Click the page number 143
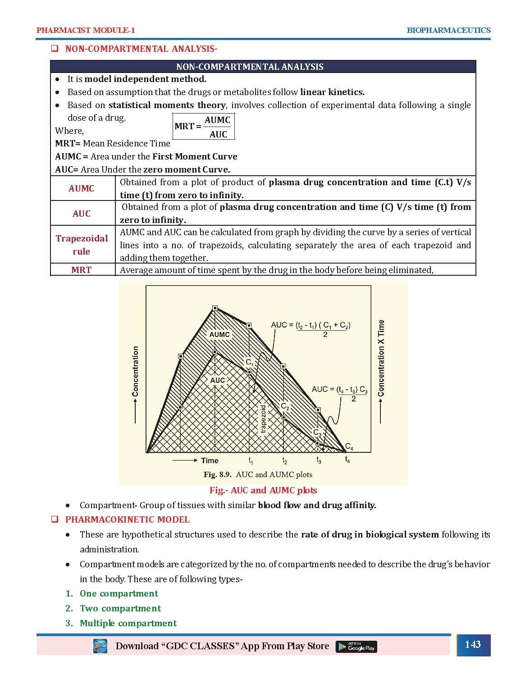472,644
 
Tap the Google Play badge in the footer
356,647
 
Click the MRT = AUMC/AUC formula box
204,127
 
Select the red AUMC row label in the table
82,188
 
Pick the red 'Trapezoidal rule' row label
82,245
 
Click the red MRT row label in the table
82,270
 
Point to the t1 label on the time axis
251,461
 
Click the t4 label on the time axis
347,460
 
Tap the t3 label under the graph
319,460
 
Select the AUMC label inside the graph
219,334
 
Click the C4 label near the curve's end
349,447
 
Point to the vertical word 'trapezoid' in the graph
264,419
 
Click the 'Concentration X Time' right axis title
381,358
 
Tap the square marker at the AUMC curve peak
215,308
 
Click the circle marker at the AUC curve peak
215,352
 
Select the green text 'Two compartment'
120,608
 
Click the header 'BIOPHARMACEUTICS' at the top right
448,30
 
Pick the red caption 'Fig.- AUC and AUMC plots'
263,490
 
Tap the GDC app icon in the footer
100,646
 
